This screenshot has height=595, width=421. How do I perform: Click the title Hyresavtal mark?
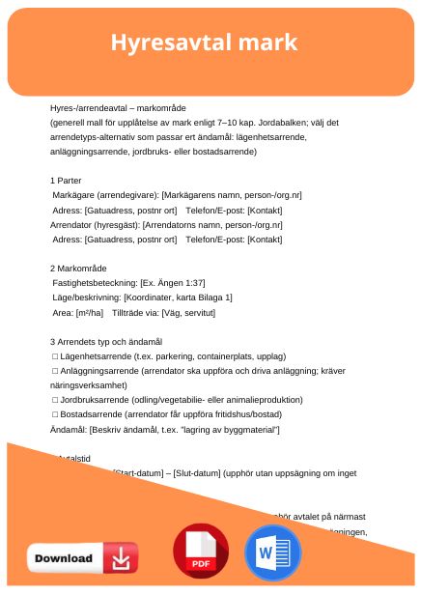204,43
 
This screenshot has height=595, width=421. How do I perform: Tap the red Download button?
82,558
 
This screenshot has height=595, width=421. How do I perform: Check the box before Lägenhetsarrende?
55,355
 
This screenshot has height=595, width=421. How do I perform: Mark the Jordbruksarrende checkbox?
55,399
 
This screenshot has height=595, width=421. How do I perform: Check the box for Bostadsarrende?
55,413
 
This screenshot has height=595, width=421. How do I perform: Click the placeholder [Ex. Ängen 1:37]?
171,282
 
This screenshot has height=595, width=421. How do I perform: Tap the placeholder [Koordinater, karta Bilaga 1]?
172,297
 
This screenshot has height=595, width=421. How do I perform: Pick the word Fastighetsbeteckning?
92,282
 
